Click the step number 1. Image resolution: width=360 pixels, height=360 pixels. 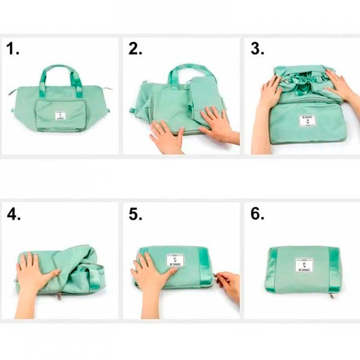click(x=13, y=50)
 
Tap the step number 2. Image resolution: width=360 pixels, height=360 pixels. click(x=134, y=50)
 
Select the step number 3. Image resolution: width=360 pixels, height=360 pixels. click(x=257, y=50)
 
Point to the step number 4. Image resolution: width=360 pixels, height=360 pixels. click(x=13, y=214)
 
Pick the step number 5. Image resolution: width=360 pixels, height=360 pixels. click(x=134, y=214)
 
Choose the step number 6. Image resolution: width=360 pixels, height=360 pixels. click(x=257, y=214)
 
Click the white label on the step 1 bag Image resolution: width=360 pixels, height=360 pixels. click(x=60, y=116)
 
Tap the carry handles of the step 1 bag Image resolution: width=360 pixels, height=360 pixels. click(x=60, y=76)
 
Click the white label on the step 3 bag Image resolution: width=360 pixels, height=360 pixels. click(x=307, y=121)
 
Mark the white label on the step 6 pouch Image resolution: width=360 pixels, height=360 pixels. click(x=305, y=265)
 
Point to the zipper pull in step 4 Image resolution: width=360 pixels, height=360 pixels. click(x=59, y=295)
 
